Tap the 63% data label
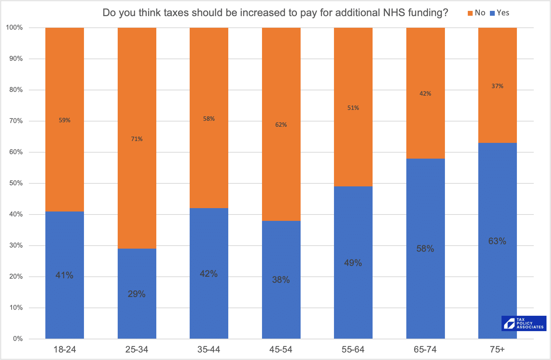[497, 241]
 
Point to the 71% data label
[137, 139]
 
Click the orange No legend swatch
[470, 13]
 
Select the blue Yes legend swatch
[493, 13]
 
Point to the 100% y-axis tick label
[15, 28]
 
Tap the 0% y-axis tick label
[18, 339]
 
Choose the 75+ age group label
[497, 349]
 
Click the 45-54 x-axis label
[281, 349]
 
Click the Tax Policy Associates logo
[524, 323]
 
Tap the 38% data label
[281, 280]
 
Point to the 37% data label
[497, 86]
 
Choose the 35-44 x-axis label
[209, 349]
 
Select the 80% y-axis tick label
[16, 90]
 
